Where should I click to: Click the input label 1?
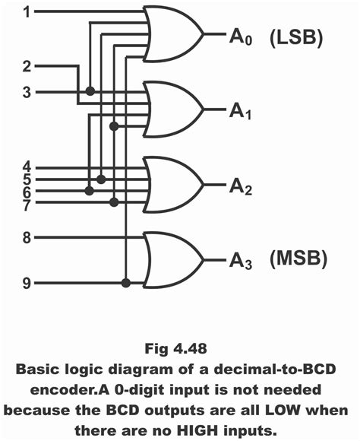[x=27, y=13]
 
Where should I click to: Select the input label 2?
[x=27, y=66]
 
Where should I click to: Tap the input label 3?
[x=27, y=92]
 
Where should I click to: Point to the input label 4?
[x=27, y=167]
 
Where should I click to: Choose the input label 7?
[x=27, y=205]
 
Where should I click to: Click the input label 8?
[x=27, y=238]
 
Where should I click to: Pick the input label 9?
[x=27, y=284]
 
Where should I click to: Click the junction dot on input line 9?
[x=126, y=284]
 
